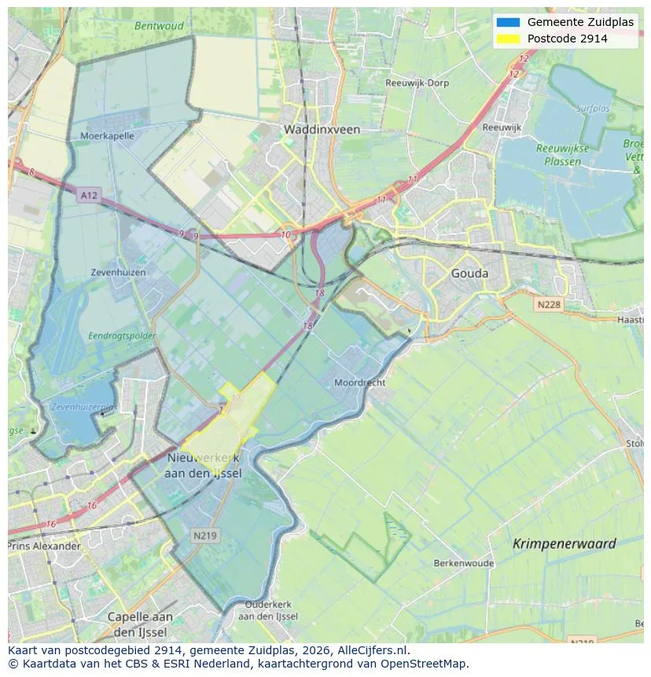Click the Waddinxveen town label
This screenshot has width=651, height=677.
(x=322, y=129)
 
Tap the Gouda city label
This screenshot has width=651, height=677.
(x=469, y=274)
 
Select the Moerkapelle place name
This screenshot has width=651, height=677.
(x=107, y=135)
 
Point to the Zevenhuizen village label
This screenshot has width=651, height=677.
(x=118, y=272)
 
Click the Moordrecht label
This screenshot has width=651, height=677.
(x=359, y=382)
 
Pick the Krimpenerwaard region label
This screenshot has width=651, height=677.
(x=564, y=543)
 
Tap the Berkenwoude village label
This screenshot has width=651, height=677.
(x=464, y=563)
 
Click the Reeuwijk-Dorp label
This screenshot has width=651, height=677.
(x=417, y=83)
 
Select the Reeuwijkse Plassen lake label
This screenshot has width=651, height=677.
(x=558, y=155)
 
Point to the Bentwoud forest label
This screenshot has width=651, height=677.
(x=159, y=25)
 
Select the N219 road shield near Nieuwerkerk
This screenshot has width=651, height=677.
(x=206, y=535)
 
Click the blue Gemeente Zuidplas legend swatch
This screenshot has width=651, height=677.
(x=508, y=22)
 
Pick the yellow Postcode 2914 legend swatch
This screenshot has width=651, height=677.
(x=508, y=39)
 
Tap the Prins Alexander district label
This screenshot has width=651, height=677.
(x=44, y=546)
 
